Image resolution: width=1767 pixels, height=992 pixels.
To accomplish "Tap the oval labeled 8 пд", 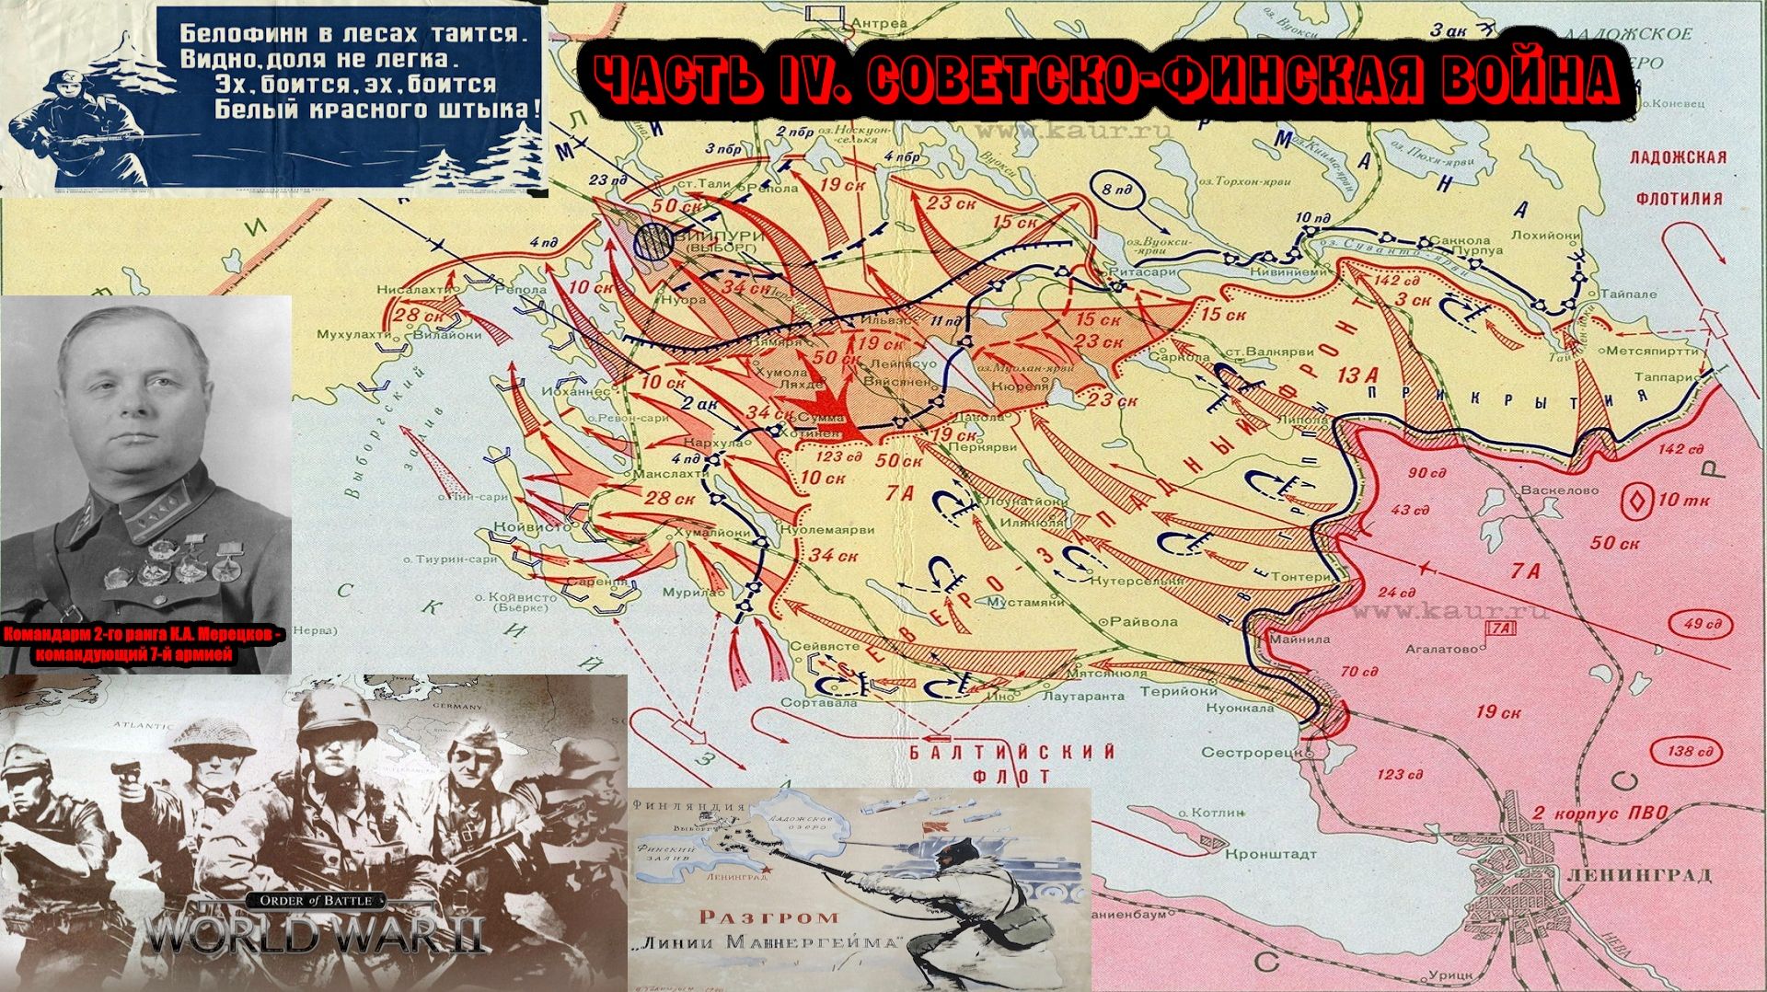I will coord(1119,190).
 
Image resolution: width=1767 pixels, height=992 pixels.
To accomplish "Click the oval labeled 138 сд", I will coord(1692,751).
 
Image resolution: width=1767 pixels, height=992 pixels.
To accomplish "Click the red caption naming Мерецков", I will coord(145,644).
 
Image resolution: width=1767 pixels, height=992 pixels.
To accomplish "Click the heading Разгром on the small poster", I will coord(768,917).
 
